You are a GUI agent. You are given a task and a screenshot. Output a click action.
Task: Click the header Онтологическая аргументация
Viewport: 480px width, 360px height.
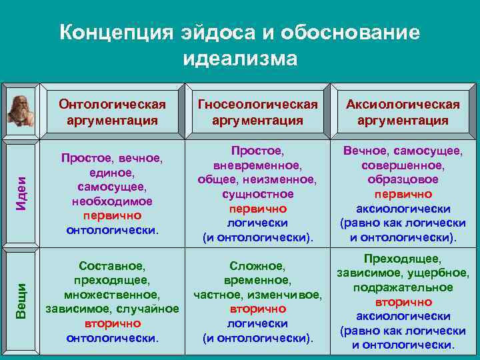click(x=112, y=112)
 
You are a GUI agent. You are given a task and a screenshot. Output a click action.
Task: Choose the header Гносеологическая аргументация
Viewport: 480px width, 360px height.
click(x=257, y=112)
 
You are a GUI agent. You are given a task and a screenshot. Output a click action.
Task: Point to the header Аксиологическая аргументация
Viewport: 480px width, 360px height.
click(x=403, y=112)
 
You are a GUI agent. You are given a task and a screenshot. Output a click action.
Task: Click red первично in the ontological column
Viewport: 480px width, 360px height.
click(x=112, y=216)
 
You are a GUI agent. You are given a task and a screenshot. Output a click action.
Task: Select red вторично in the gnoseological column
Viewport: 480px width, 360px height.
click(x=257, y=309)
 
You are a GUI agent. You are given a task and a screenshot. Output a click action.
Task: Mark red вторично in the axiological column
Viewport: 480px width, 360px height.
click(x=403, y=301)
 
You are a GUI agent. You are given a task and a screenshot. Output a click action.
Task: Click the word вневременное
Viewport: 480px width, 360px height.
click(x=257, y=165)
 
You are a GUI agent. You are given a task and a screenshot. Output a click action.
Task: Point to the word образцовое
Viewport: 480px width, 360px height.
click(x=403, y=179)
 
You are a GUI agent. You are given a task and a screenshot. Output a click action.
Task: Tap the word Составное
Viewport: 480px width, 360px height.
click(x=112, y=265)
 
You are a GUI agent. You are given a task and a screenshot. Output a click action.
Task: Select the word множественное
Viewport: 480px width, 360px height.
click(x=112, y=295)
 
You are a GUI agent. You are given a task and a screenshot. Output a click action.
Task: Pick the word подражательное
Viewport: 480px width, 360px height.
click(x=403, y=287)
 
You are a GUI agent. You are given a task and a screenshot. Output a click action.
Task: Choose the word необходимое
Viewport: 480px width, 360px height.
click(x=112, y=201)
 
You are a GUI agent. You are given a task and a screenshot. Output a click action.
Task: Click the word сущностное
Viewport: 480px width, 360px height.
click(x=257, y=194)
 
